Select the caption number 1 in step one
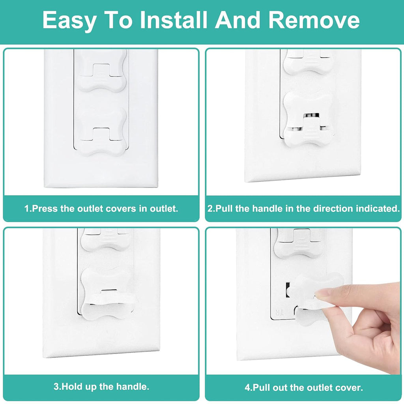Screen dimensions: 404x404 click(27, 208)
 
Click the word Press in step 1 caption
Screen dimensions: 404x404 click(45, 208)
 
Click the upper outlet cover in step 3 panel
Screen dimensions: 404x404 click(105, 240)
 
